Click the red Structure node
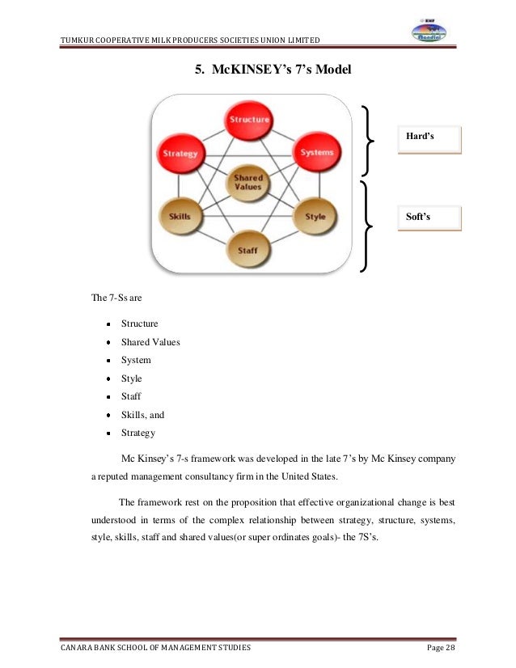pos(250,120)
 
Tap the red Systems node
pos(315,152)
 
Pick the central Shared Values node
pos(248,182)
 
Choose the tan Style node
pos(315,216)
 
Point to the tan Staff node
pos(248,250)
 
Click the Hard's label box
pos(429,139)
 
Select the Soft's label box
pos(429,218)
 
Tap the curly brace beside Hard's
pos(370,141)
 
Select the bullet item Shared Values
pos(150,341)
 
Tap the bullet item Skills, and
pos(142,414)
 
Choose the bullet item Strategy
pos(138,433)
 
